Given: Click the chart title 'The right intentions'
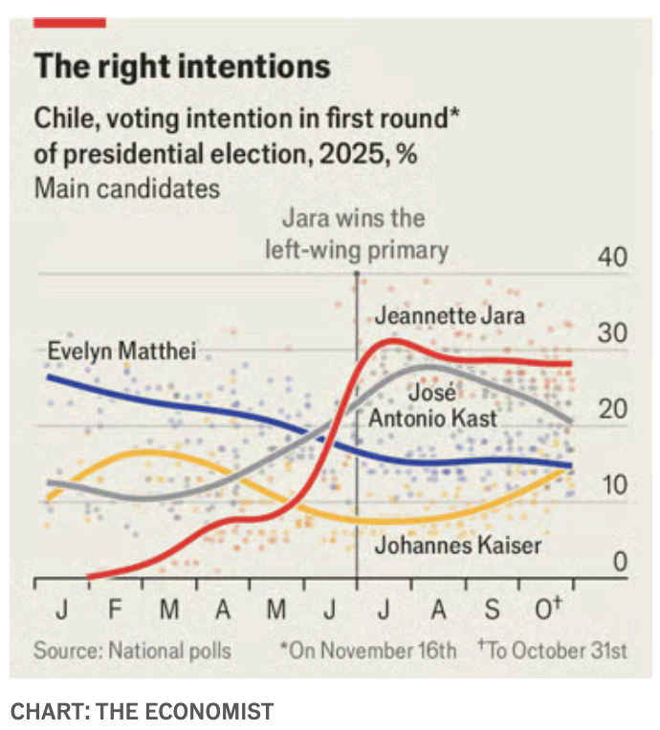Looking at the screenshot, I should (x=182, y=66).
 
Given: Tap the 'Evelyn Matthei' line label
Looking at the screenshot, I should (x=121, y=352).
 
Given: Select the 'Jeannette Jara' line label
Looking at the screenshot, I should (x=450, y=314).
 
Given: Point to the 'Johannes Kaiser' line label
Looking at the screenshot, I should (x=457, y=546).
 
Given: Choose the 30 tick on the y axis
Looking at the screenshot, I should (x=612, y=333).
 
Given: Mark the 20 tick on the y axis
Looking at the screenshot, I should (x=612, y=409).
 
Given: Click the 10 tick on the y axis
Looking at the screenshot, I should (x=612, y=484).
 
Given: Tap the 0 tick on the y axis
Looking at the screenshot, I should (x=619, y=562).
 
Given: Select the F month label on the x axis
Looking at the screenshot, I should (x=116, y=610).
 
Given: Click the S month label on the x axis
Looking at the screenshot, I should (x=492, y=610).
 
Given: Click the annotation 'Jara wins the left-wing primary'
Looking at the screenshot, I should (x=356, y=234).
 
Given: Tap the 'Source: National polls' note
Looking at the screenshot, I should (x=133, y=651).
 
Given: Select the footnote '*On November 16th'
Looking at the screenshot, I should (x=368, y=651).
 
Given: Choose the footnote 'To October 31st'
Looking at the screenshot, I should (x=553, y=651).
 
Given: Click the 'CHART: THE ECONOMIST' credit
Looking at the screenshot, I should (x=142, y=711).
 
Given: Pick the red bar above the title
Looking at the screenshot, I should (x=70, y=21).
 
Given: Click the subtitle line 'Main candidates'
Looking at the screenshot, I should (x=126, y=186).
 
